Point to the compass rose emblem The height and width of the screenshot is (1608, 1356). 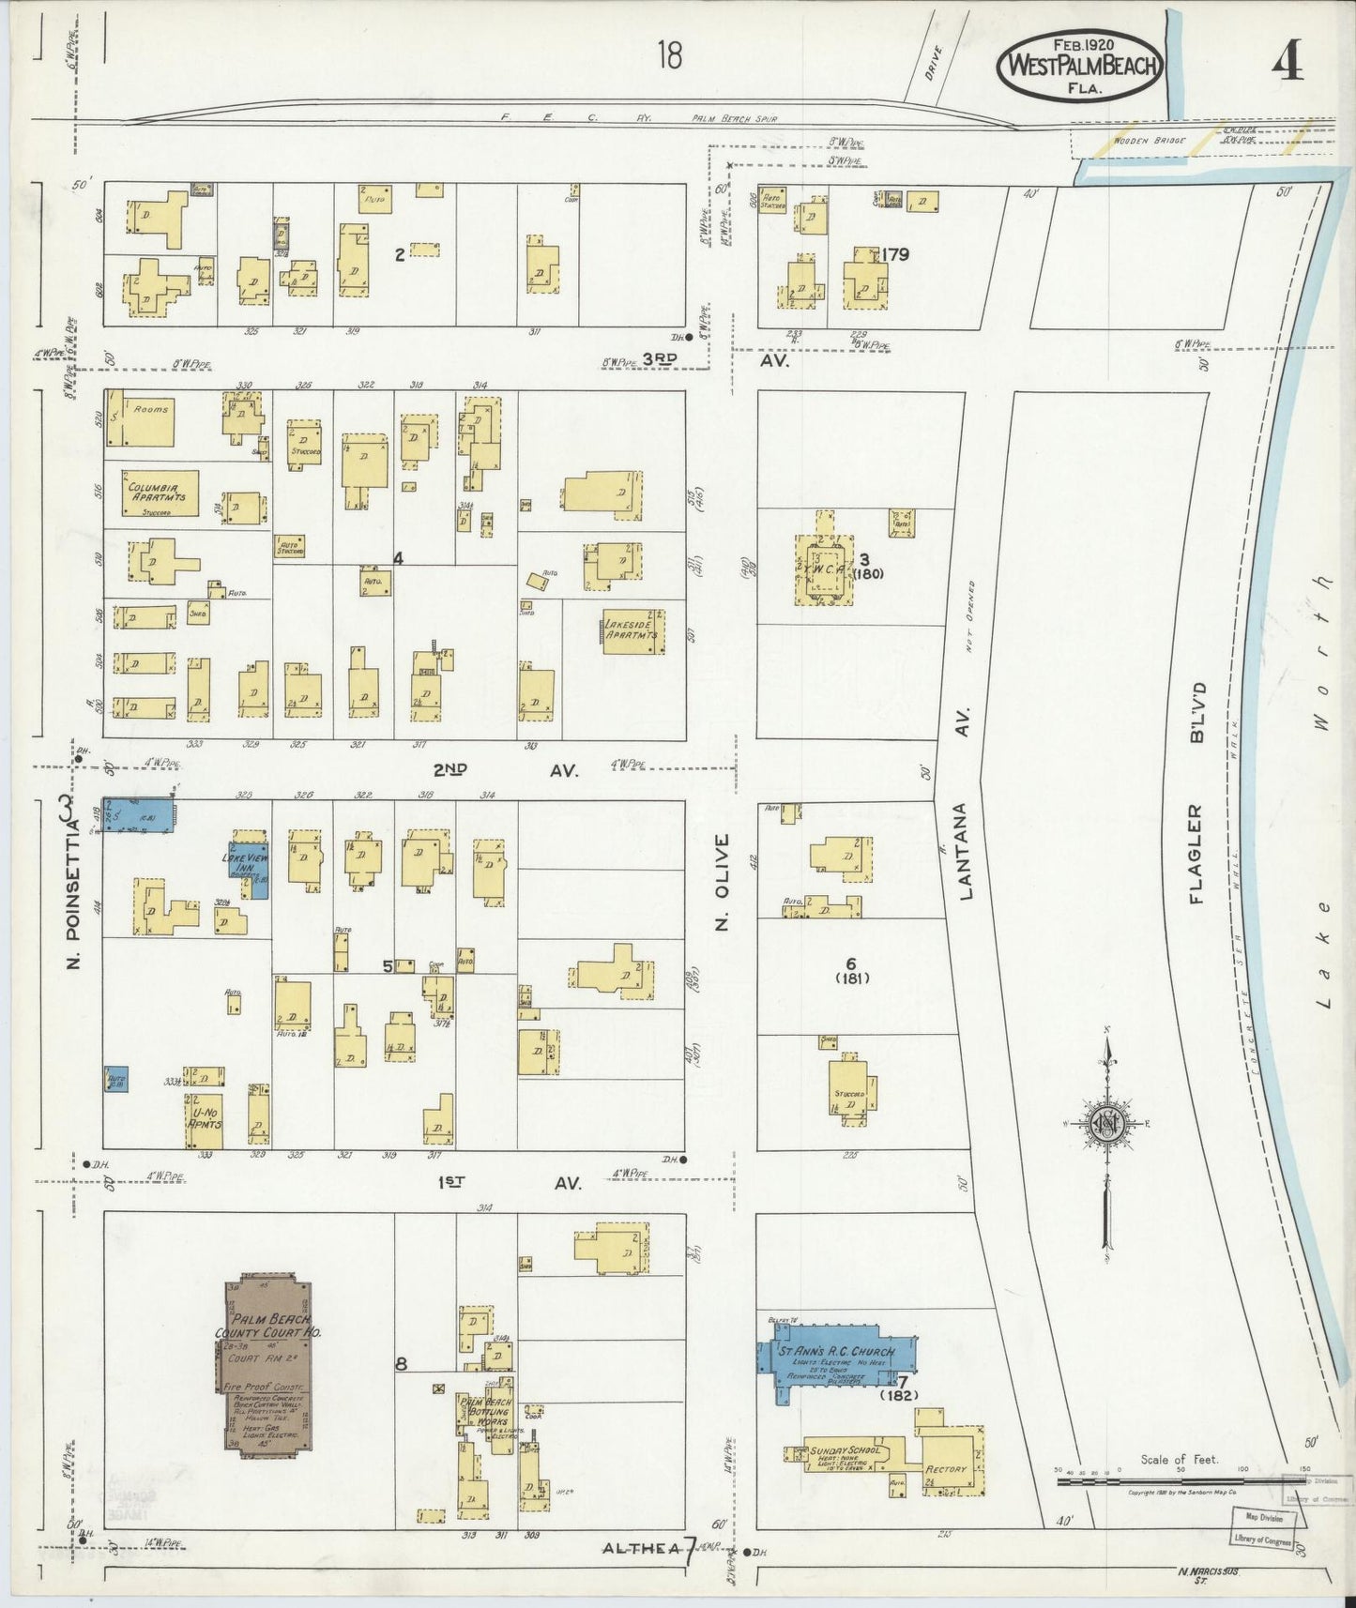pos(1107,1123)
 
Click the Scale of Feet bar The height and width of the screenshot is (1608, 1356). pos(1178,1481)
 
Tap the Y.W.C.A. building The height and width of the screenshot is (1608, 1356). pos(824,569)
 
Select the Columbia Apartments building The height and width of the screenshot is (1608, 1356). pos(160,493)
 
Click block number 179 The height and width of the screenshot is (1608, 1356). pos(895,253)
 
